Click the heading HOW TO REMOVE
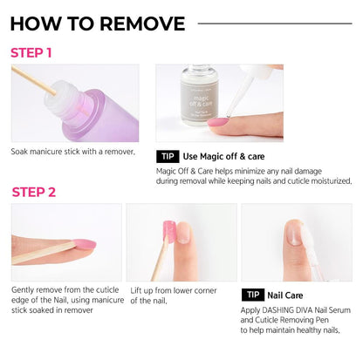98,24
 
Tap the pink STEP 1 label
31,52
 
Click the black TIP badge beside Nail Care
254,295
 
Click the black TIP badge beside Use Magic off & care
168,157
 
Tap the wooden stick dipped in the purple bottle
35,81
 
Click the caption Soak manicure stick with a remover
73,151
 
